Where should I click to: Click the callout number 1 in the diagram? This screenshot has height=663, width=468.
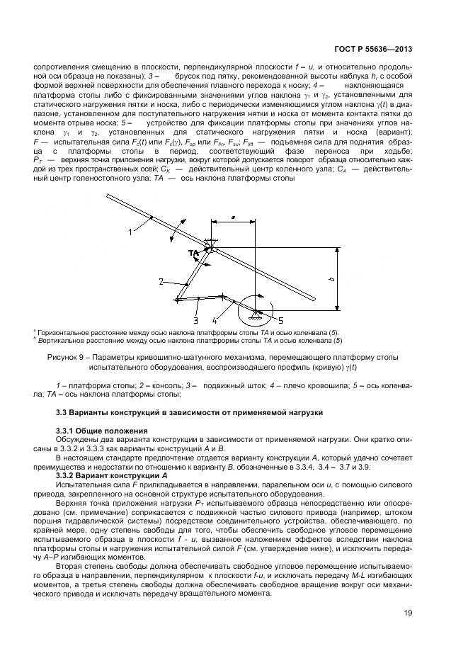[x=131, y=231]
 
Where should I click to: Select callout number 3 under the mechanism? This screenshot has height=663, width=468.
[x=195, y=320]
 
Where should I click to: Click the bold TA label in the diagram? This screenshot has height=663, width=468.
[x=193, y=253]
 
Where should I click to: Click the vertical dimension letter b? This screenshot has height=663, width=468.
[x=331, y=278]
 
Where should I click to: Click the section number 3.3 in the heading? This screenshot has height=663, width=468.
[x=62, y=412]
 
